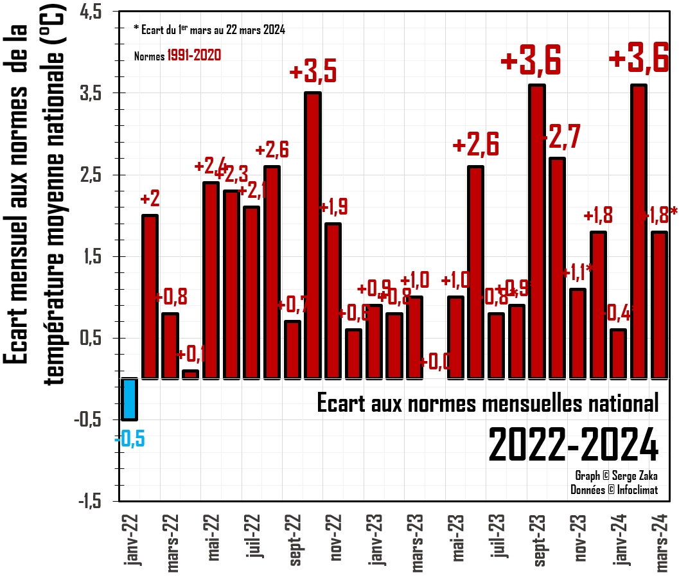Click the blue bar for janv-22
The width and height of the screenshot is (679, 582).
tap(130, 399)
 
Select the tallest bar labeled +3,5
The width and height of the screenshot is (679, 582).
tap(313, 235)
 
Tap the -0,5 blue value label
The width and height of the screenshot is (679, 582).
tap(130, 440)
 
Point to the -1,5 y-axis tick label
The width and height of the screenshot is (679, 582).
tap(94, 501)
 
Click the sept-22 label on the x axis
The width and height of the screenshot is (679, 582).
tap(294, 540)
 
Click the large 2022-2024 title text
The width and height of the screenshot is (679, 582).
tap(573, 445)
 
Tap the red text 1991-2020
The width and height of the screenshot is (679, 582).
tap(194, 56)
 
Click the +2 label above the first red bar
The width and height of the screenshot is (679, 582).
tap(150, 199)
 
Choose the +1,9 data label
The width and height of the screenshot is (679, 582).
tap(333, 207)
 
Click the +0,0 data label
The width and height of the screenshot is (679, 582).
tap(434, 363)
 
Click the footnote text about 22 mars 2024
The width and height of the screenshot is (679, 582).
tap(209, 30)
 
